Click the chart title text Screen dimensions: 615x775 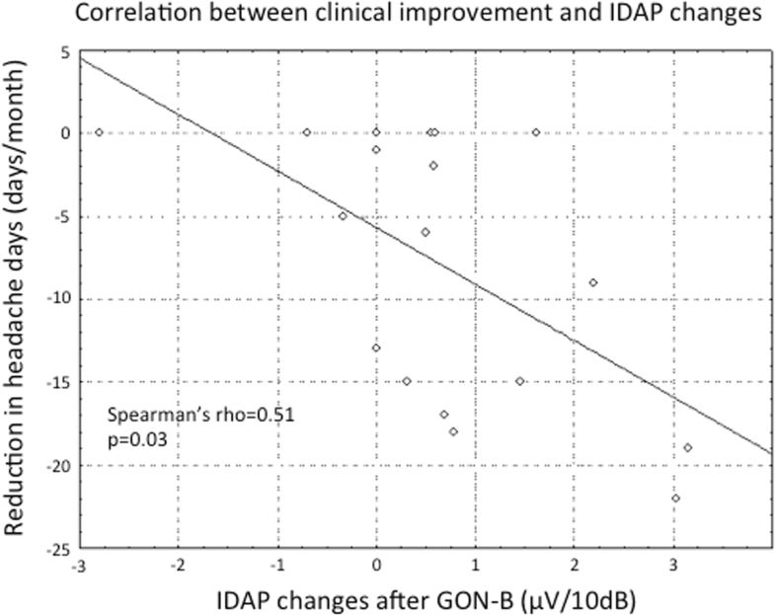coord(387,15)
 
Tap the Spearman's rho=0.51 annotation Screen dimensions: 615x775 coord(201,415)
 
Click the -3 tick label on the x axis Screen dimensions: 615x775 coord(78,566)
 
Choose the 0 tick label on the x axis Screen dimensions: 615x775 coord(376,566)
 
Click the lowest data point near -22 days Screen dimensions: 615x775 coord(675,498)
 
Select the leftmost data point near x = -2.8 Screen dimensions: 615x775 coord(99,132)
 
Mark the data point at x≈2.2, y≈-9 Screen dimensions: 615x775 coord(593,282)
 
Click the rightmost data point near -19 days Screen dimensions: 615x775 coord(688,447)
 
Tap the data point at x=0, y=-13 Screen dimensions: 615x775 coord(376,347)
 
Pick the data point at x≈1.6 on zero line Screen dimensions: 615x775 coord(536,132)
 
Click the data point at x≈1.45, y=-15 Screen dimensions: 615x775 coord(520,381)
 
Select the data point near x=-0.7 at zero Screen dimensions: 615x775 coord(307,132)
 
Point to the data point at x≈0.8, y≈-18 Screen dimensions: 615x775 coord(453,431)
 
